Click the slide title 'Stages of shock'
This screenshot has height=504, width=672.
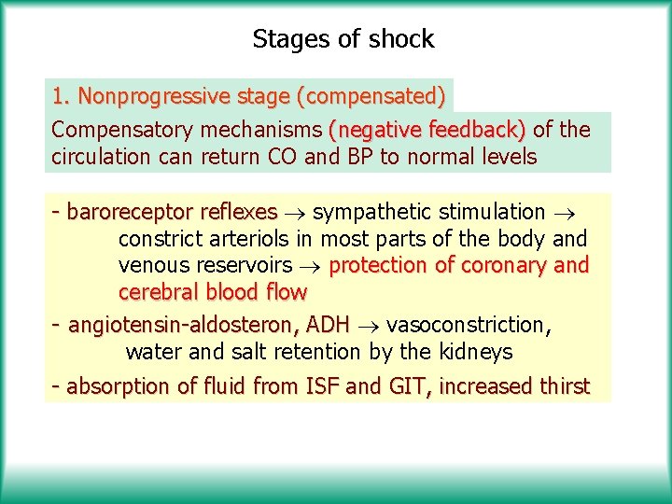point(343,39)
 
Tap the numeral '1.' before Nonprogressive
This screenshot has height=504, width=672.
point(62,96)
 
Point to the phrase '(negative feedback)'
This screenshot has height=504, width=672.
point(427,129)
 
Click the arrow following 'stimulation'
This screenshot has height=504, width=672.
point(563,213)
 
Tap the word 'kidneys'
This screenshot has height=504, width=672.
point(477,352)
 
